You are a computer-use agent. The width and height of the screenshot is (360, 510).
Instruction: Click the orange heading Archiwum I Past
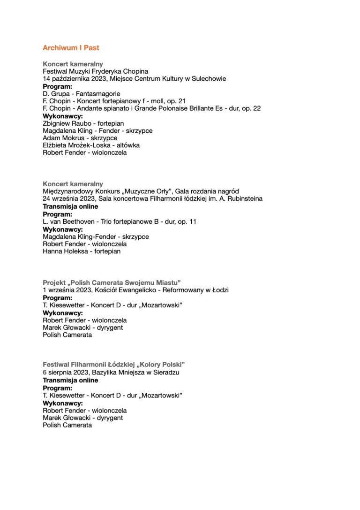[x=71, y=48]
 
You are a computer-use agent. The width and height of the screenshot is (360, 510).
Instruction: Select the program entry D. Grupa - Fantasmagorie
[x=81, y=94]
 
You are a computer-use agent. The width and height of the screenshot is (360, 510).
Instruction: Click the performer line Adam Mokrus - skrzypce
[x=80, y=138]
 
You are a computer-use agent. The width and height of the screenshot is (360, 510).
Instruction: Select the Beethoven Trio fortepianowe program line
[x=119, y=221]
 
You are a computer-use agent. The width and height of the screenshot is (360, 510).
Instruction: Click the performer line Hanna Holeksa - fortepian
[x=81, y=251]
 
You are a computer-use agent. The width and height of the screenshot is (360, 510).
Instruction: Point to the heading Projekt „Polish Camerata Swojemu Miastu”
[x=112, y=282]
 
